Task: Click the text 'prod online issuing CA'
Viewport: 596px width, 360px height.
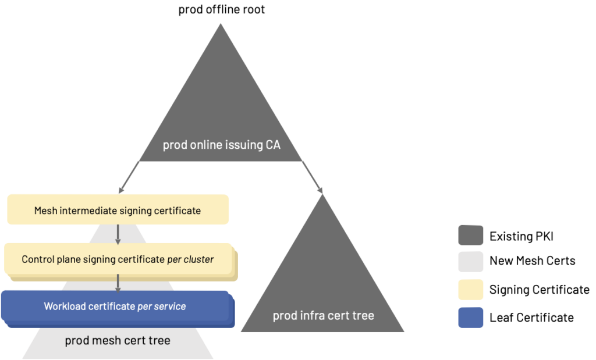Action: coord(221,145)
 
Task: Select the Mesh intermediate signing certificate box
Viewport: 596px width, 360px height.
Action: coord(118,210)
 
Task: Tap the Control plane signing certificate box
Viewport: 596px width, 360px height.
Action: coord(118,259)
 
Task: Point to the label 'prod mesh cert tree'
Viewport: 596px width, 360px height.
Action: coord(118,340)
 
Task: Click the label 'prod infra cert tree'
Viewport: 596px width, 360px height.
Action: coord(323,316)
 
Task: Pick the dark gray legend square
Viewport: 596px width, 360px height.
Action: coord(470,235)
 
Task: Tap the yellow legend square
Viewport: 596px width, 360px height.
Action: coord(470,289)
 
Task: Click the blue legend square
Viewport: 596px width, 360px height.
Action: coord(470,317)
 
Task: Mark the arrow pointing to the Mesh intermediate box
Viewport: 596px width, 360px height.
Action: coord(129,177)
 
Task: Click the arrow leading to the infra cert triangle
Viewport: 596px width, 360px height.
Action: coord(312,177)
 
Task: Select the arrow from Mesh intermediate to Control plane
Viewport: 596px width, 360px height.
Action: coord(118,234)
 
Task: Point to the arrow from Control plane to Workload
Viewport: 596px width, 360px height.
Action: coord(118,283)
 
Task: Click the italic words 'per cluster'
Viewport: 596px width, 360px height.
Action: coord(190,259)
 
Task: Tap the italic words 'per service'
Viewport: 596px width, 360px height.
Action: coord(161,306)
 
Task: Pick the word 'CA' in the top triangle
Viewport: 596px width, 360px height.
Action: coord(271,145)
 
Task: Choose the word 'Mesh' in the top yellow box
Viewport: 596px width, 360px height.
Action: coord(46,211)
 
